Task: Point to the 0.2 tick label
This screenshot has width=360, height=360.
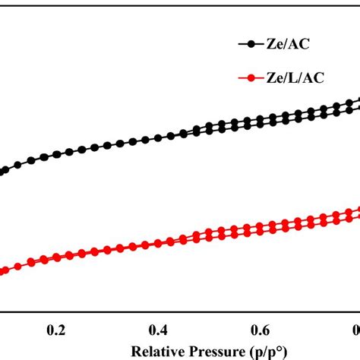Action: tap(55, 330)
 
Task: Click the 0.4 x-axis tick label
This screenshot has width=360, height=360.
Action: tap(158, 330)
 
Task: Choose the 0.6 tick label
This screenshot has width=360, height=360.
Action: tap(261, 330)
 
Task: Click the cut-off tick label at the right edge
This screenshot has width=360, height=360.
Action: tap(355, 330)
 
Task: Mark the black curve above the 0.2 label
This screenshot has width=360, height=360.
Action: tap(55, 155)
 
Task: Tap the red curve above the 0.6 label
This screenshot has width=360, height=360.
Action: tap(261, 227)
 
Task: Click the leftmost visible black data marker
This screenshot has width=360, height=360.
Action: tap(3, 171)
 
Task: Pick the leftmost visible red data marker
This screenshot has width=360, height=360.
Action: tap(3, 270)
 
